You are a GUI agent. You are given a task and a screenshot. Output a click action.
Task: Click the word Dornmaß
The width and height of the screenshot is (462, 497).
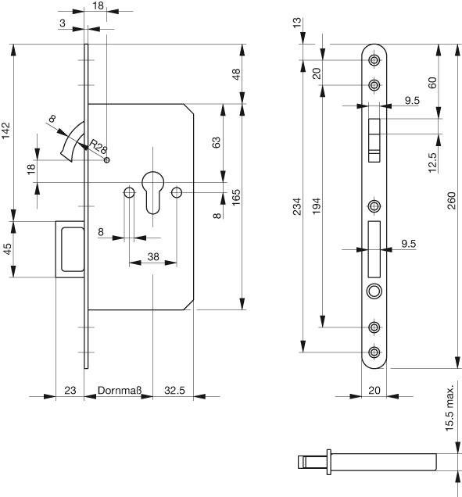coord(120,390)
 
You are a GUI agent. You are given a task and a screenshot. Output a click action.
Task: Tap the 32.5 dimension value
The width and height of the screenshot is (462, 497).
coord(174,390)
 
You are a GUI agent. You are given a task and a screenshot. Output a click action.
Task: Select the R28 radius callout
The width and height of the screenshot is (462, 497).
coord(98,146)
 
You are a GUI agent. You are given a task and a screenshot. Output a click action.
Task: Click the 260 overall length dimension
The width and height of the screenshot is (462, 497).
coord(451,200)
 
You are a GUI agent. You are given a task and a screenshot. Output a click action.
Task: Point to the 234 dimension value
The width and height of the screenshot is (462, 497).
coord(297,206)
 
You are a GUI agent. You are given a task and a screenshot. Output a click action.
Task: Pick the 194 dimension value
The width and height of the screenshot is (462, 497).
coord(317,206)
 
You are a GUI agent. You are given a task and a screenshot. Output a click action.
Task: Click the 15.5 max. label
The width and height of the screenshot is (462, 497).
coord(449,407)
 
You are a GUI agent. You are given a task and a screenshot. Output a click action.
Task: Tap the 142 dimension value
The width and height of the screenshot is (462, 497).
coord(6,131)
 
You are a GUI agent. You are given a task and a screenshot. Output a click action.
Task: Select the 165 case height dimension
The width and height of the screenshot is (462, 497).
coord(236,198)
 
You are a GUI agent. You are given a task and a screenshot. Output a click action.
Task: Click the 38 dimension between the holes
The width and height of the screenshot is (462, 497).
coord(153,256)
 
